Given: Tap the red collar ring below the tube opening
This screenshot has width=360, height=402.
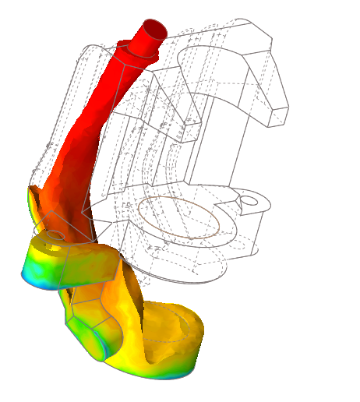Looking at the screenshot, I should pos(140,49).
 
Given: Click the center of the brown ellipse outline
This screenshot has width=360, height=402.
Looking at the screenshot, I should pos(178,216).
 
